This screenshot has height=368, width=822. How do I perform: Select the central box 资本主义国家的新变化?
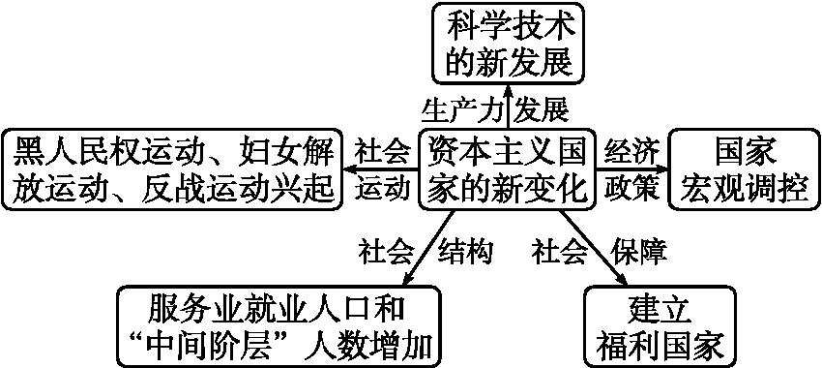(x=508, y=169)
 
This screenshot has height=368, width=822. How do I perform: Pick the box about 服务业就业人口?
(x=276, y=325)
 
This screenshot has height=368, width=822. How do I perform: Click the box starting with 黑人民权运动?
(x=173, y=169)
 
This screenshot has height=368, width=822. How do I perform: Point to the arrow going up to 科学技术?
(x=508, y=106)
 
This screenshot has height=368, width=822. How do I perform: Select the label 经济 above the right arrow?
(x=632, y=151)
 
